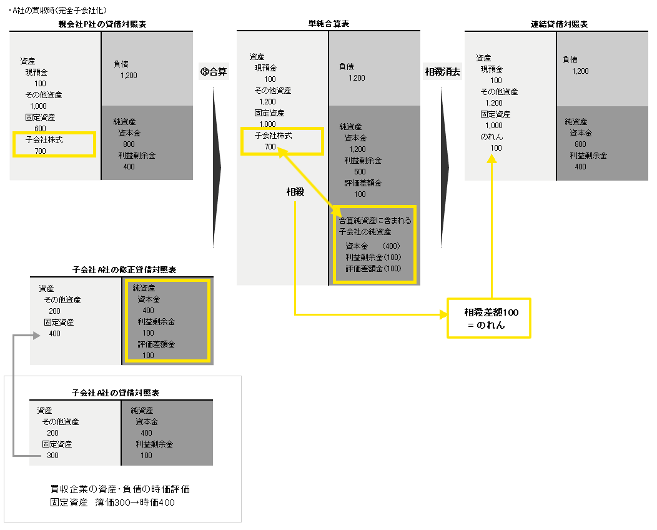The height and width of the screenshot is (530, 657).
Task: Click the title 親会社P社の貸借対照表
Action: (102, 24)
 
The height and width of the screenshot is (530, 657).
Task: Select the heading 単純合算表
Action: (328, 24)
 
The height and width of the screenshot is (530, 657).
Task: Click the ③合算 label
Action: (213, 71)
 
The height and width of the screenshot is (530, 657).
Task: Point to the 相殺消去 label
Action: (442, 71)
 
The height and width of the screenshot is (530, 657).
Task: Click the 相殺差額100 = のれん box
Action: (488, 317)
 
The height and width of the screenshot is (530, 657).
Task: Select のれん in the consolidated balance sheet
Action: (492, 136)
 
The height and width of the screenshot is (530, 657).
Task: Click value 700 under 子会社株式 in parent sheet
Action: (41, 151)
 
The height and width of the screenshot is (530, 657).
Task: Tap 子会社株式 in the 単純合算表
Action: (273, 135)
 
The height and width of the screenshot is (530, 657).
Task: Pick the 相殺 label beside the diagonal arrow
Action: (295, 192)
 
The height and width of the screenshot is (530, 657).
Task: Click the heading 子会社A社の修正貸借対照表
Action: (124, 270)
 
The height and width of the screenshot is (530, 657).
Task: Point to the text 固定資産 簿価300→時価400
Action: (112, 502)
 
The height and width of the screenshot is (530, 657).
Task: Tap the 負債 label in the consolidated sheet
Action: (570, 59)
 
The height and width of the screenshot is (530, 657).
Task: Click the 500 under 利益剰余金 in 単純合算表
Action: (360, 172)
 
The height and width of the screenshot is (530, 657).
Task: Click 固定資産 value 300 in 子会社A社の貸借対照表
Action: (53, 456)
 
